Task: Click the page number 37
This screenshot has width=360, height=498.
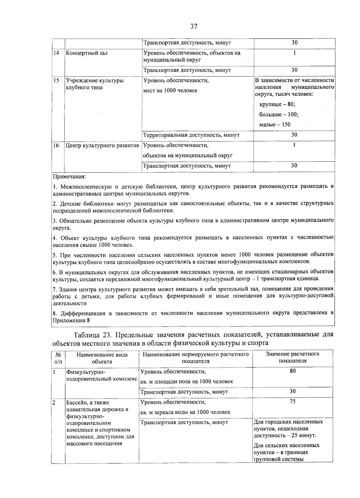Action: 194,27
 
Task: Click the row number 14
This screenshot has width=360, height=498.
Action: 56,53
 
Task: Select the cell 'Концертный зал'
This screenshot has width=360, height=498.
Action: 86,53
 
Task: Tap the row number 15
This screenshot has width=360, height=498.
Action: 56,80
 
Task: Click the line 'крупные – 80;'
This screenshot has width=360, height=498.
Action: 277,104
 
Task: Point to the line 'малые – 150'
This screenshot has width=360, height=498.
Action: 274,124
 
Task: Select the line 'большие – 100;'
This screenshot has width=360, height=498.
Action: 278,115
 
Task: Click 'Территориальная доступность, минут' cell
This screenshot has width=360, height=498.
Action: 191,135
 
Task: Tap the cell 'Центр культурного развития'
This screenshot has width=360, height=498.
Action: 102,145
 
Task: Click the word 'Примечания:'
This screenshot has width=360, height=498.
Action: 69,176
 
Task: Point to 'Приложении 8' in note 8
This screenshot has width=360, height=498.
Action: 71,320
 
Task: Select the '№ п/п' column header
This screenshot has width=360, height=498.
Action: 58,358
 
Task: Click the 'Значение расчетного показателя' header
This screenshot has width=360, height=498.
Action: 292,357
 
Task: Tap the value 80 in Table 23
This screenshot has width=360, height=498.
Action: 292,371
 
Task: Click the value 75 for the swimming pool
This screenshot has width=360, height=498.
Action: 292,402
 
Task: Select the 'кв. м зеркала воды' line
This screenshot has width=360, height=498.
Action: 185,412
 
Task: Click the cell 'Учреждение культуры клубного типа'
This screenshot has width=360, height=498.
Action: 94,84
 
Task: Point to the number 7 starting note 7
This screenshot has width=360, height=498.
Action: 54,289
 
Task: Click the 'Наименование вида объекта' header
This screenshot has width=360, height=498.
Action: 102,358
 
